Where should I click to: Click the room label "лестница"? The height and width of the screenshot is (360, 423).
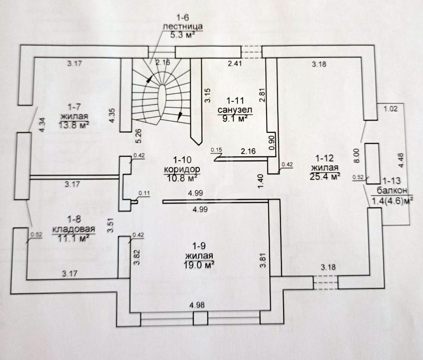click(183, 27)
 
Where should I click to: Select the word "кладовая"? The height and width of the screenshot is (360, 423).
click(74, 229)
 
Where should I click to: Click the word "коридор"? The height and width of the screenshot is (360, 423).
click(182, 170)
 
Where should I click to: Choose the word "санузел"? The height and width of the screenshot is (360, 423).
click(235, 110)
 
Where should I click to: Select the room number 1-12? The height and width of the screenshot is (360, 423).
click(325, 158)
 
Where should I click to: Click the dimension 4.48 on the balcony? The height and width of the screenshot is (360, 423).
click(402, 160)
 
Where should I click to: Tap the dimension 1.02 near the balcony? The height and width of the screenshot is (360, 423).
click(391, 109)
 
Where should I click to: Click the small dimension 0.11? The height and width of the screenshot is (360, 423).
click(143, 193)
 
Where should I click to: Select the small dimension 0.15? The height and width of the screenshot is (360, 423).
click(216, 150)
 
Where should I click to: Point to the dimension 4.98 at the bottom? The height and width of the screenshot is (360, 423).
click(197, 305)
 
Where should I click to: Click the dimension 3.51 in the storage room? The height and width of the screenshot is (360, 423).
click(110, 225)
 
